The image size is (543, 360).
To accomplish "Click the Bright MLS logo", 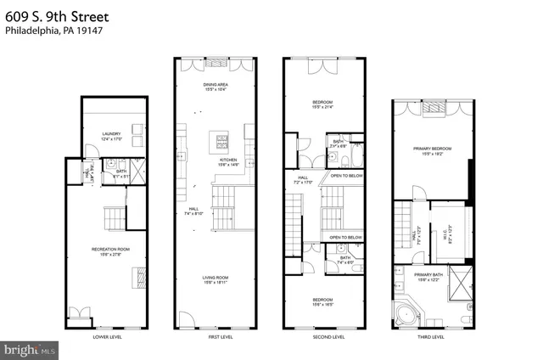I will click(x=30, y=348).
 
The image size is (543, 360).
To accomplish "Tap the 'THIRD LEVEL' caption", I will click(x=431, y=337).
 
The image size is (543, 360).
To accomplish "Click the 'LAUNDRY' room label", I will click(x=112, y=133).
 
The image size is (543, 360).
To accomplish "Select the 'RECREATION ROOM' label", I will click(x=109, y=249).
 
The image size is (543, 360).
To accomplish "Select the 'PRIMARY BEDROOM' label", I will click(x=433, y=149).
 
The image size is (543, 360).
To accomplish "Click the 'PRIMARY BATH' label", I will click(x=433, y=275).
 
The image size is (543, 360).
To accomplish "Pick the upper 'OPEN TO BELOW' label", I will click(x=347, y=175).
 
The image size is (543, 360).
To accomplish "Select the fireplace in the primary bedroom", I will click(x=433, y=108).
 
